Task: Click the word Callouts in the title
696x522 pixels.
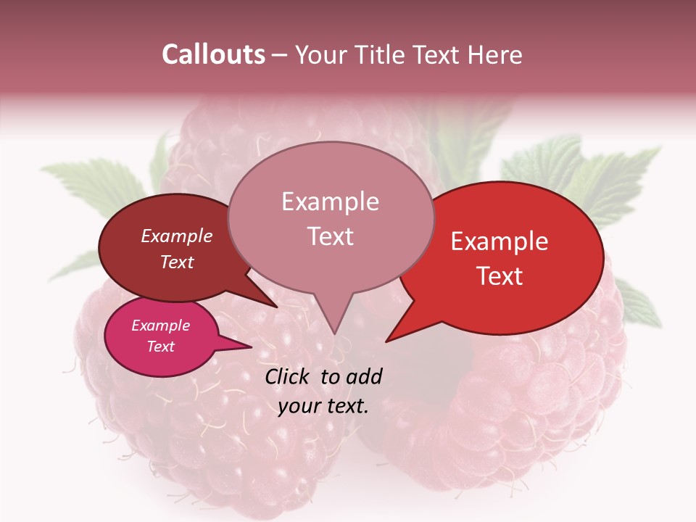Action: pyautogui.click(x=213, y=54)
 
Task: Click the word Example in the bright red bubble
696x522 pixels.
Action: pyautogui.click(x=500, y=241)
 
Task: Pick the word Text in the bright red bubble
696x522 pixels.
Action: pyautogui.click(x=500, y=276)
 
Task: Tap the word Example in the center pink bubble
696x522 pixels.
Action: pyautogui.click(x=330, y=202)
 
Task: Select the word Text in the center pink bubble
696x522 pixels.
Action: pyautogui.click(x=330, y=236)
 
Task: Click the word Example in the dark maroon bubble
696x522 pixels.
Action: pyautogui.click(x=177, y=236)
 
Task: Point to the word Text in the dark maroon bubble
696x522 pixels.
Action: pyautogui.click(x=177, y=262)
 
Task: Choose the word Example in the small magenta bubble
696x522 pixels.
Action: pyautogui.click(x=160, y=326)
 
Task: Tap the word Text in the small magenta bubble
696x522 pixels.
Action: pyautogui.click(x=160, y=347)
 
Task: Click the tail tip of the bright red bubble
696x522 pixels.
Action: pyautogui.click(x=386, y=341)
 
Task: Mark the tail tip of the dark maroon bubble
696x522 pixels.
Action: pyautogui.click(x=276, y=307)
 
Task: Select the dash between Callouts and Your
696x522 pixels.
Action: pyautogui.click(x=280, y=55)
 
